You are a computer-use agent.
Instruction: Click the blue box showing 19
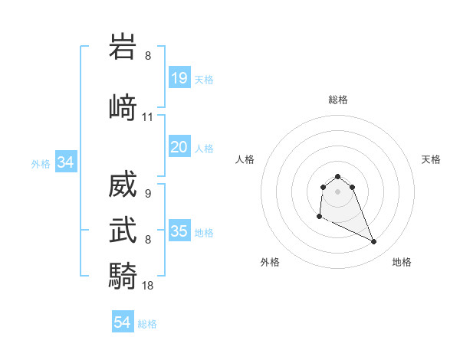click(x=179, y=78)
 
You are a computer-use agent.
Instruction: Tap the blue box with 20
click(x=179, y=147)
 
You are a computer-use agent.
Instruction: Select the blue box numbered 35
click(x=179, y=231)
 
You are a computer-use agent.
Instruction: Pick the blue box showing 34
click(x=65, y=162)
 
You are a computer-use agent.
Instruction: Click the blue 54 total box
click(x=123, y=322)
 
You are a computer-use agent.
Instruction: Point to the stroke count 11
click(x=148, y=117)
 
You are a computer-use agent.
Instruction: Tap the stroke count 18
click(x=148, y=285)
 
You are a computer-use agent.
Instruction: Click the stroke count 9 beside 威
click(x=147, y=194)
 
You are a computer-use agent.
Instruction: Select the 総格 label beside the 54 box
click(x=147, y=324)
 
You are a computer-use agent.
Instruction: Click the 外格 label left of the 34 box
click(x=41, y=163)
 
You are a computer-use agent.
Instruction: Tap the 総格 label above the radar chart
click(x=337, y=100)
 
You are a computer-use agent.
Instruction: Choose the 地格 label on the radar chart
click(x=402, y=262)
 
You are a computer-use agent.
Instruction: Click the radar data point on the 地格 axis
click(x=374, y=242)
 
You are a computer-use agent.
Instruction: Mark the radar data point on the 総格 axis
click(x=337, y=176)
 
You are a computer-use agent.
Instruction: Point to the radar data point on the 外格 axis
click(x=319, y=217)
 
